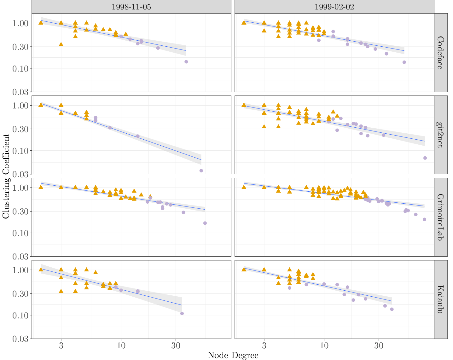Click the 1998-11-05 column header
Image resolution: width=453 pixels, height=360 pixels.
pyautogui.click(x=131, y=7)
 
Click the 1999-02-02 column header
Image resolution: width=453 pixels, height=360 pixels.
pyautogui.click(x=334, y=7)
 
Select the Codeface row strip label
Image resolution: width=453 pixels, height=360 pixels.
pyautogui.click(x=440, y=53)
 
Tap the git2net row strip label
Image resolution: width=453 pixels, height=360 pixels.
pyautogui.click(x=440, y=135)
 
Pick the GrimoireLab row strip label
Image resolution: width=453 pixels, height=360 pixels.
pyautogui.click(x=440, y=217)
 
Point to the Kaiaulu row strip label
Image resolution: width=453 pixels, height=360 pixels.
pyautogui.click(x=440, y=299)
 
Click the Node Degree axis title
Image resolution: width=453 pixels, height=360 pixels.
pyautogui.click(x=233, y=355)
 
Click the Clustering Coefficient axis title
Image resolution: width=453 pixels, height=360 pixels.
pyautogui.click(x=6, y=176)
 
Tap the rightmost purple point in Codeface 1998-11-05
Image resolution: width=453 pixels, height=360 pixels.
pyautogui.click(x=186, y=62)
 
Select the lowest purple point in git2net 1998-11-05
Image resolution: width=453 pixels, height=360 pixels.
pyautogui.click(x=201, y=171)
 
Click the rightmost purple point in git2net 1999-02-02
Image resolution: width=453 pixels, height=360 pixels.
pyautogui.click(x=425, y=158)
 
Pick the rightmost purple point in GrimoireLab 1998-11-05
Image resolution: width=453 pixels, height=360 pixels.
pyautogui.click(x=205, y=223)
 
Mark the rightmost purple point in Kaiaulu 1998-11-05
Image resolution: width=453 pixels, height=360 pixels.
pyautogui.click(x=182, y=313)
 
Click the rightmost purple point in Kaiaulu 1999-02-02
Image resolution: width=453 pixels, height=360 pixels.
pyautogui.click(x=392, y=309)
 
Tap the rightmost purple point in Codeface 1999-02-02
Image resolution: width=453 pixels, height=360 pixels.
pyautogui.click(x=404, y=62)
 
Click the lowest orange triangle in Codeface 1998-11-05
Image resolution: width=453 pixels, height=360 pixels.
pyautogui.click(x=61, y=44)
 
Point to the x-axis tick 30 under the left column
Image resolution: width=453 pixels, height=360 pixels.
pyautogui.click(x=176, y=345)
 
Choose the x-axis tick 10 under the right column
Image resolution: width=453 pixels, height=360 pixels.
pyautogui.click(x=324, y=345)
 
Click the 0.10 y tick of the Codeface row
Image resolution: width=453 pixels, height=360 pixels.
pyautogui.click(x=20, y=68)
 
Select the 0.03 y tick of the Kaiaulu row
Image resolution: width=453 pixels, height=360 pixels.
pyautogui.click(x=20, y=339)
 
